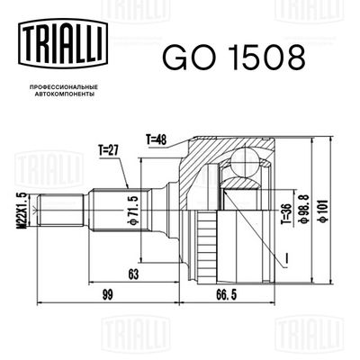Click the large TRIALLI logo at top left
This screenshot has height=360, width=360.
click(63, 43)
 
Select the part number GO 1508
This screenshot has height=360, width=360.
click(234, 58)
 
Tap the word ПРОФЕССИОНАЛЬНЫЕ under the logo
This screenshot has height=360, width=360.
click(64, 87)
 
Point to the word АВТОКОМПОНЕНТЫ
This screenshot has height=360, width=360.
click(64, 94)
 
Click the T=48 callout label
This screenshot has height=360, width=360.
click(156, 139)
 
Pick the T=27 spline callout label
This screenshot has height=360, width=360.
click(108, 151)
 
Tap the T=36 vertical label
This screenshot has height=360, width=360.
click(286, 214)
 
